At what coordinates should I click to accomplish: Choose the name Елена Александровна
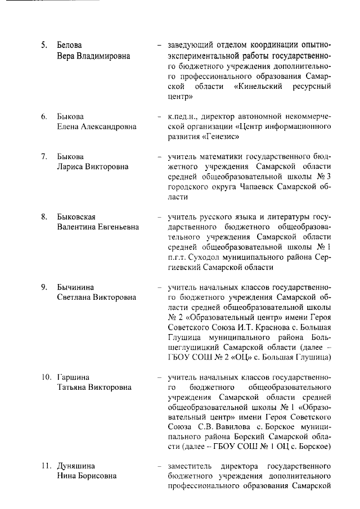coord(97,127)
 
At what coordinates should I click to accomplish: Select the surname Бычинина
coord(76,288)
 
